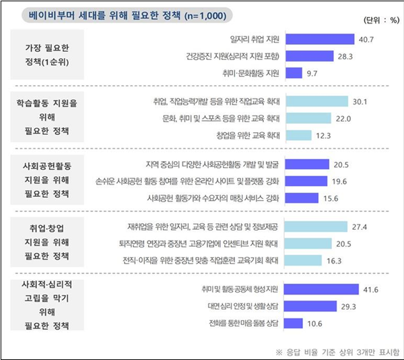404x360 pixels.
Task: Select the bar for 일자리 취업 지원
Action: [x=321, y=39]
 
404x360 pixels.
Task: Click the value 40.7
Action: [x=366, y=39]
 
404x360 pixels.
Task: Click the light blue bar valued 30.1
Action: [x=317, y=102]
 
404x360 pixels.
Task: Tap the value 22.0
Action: [x=344, y=118]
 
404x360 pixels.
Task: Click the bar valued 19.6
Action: [x=306, y=181]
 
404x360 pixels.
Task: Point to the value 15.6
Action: [x=330, y=198]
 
